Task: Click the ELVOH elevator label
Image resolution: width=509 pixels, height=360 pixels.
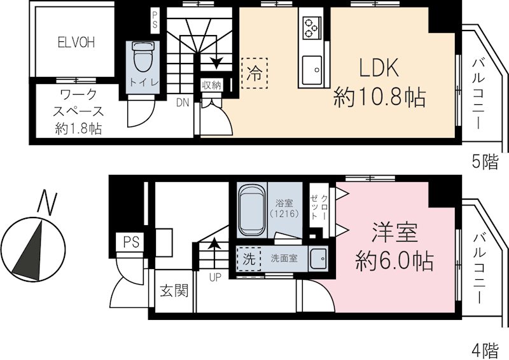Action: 76,43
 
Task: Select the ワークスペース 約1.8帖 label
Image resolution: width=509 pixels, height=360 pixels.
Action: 78,112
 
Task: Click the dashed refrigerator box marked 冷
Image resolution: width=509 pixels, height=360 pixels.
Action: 254,73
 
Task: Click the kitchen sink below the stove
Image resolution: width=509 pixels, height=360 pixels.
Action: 312,69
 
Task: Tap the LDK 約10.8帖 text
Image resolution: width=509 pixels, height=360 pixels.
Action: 379,83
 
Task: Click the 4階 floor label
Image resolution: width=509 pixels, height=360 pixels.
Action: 485,349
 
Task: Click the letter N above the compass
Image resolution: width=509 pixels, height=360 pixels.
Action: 45,202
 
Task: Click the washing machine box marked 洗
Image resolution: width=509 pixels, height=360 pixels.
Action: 248,260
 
